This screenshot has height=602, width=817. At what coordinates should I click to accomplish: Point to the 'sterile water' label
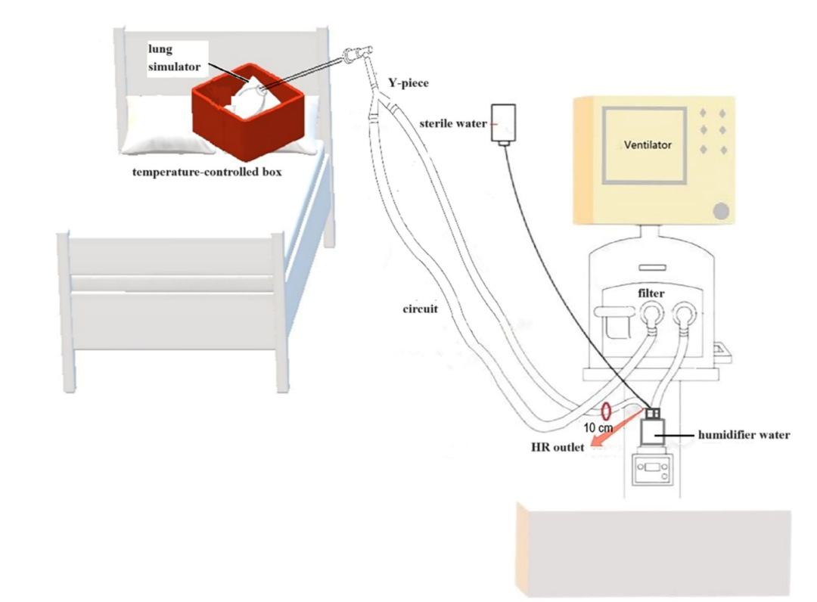(x=452, y=123)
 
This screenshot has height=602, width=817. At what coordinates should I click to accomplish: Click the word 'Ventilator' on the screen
(x=648, y=144)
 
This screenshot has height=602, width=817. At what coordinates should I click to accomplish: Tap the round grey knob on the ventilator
(x=722, y=211)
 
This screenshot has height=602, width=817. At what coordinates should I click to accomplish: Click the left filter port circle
(x=652, y=312)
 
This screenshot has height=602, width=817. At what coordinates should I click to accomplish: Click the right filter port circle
(x=685, y=312)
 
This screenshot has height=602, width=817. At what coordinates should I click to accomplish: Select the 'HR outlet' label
(x=558, y=448)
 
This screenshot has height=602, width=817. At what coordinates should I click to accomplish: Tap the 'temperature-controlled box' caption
(x=207, y=172)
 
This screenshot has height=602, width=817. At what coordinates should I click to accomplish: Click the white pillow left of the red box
(x=155, y=125)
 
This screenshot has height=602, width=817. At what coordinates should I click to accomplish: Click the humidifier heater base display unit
(x=652, y=473)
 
